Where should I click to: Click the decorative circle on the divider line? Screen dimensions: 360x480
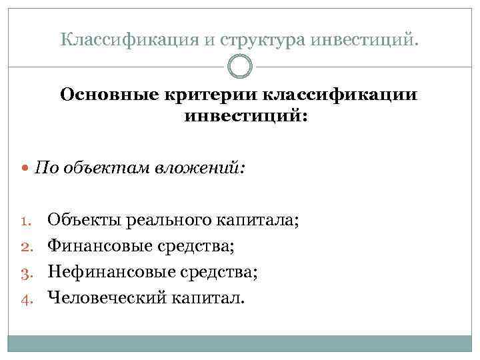tap(240, 67)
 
